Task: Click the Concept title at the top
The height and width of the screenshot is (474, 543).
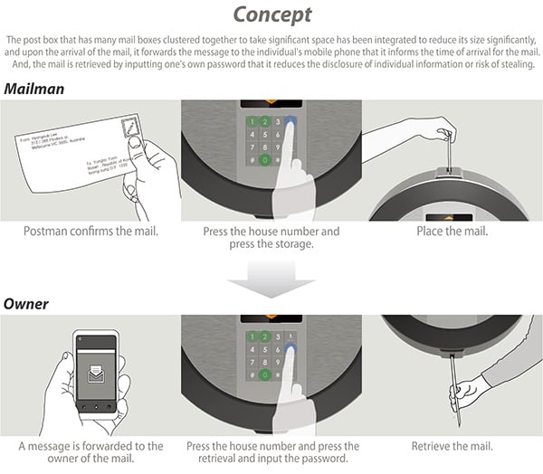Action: coord(271,14)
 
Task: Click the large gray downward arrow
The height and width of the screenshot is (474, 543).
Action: coord(271,283)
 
